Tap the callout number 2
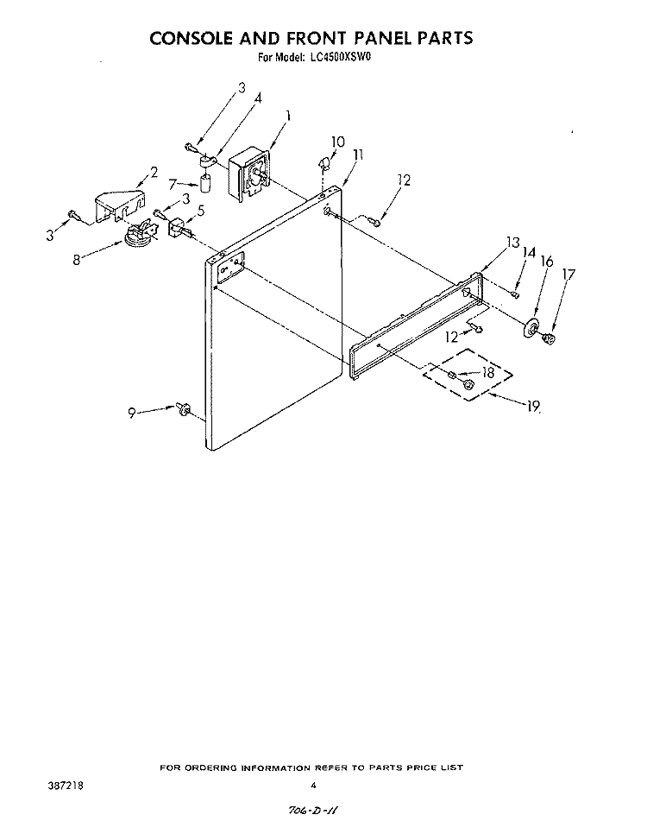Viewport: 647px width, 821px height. coord(154,173)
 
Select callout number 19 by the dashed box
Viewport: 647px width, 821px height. coord(533,407)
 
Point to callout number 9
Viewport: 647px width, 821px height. coord(132,414)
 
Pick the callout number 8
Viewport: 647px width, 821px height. coord(77,260)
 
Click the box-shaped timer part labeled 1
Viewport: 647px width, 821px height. coord(249,174)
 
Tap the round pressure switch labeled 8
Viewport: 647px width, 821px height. coord(140,235)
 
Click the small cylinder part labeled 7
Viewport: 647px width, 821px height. coord(206,184)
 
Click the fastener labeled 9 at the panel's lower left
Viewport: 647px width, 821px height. coord(183,408)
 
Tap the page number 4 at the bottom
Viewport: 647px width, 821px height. coord(313,786)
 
